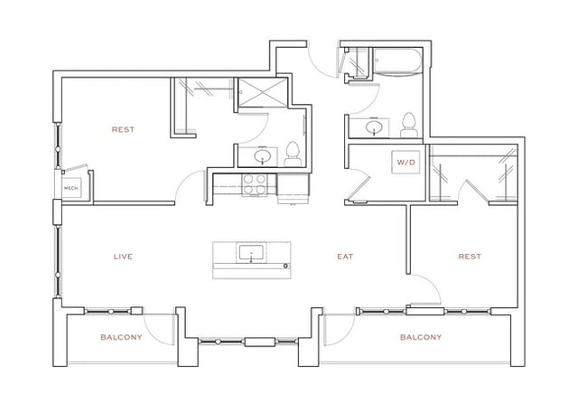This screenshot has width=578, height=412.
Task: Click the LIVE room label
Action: pos(123,257)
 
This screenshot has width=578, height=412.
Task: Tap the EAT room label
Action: pos(344,257)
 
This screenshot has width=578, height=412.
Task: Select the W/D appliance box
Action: pos(404,163)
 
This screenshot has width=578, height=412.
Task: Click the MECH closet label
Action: pos(70,188)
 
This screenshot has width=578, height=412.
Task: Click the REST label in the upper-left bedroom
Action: pos(123,129)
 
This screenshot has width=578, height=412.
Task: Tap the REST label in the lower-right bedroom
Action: pos(469,257)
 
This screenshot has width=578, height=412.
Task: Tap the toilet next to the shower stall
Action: pos(293,154)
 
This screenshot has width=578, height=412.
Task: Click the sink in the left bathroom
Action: pos(263,156)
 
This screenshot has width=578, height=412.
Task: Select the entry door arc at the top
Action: pos(322,65)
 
